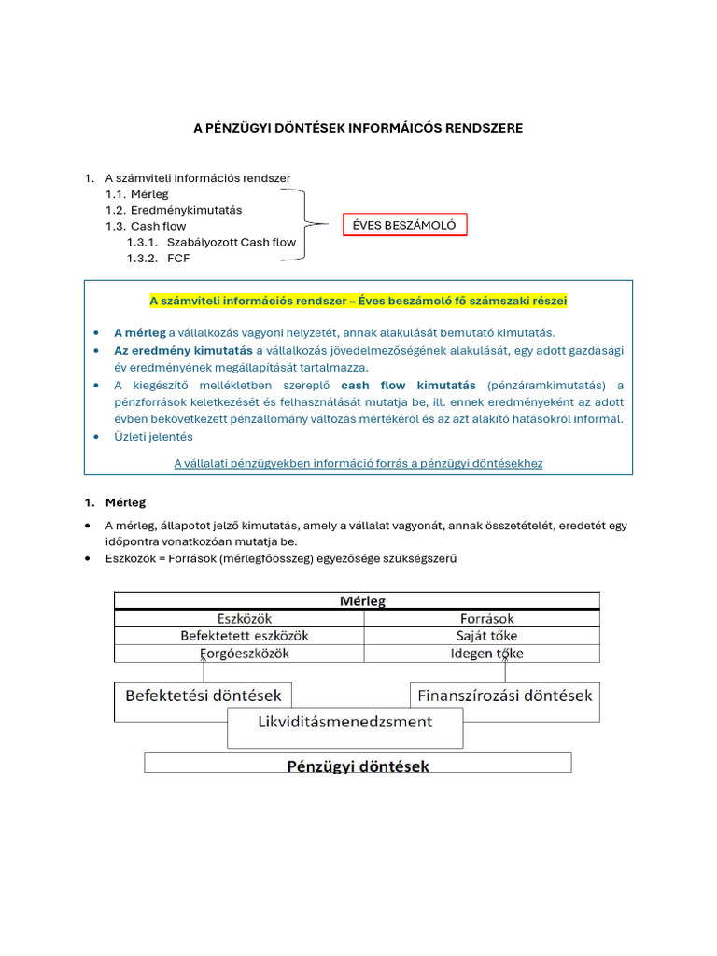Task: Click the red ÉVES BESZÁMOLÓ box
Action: (x=404, y=225)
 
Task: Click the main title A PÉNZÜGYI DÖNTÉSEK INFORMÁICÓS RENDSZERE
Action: (x=358, y=128)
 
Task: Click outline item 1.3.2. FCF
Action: (x=178, y=258)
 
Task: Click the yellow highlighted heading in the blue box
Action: (x=358, y=301)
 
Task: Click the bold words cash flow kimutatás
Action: (x=408, y=385)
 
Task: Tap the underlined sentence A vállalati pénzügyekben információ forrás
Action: (x=358, y=463)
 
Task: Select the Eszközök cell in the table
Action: (x=244, y=618)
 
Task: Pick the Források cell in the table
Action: (x=486, y=618)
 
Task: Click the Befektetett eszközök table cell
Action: (x=244, y=636)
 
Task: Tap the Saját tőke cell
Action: (x=486, y=636)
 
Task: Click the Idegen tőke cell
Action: (x=486, y=654)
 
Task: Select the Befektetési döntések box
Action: (x=204, y=696)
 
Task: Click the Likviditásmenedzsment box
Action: (x=344, y=722)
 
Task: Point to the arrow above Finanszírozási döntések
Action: (x=505, y=670)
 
